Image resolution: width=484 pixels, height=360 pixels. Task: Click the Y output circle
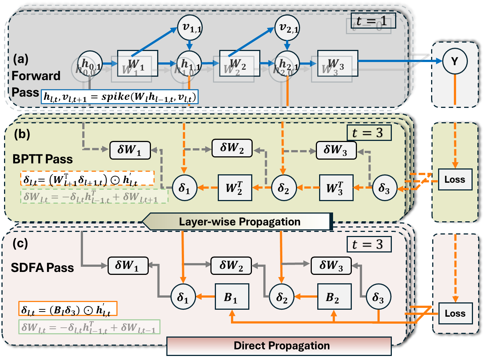[x=455, y=61]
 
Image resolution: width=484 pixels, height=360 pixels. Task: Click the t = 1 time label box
[x=373, y=21]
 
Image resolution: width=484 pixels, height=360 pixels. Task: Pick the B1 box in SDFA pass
[x=232, y=297]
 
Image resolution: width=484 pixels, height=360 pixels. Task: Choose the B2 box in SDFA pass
[x=334, y=297]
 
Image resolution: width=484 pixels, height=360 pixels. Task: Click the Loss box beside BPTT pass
[x=455, y=179]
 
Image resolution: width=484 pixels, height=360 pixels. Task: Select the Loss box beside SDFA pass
[x=455, y=313]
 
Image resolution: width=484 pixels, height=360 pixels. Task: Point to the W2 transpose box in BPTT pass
[x=235, y=188]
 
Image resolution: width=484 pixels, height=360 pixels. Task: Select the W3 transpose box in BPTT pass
[x=336, y=188]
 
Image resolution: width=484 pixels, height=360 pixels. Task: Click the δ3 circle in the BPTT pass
[x=384, y=188]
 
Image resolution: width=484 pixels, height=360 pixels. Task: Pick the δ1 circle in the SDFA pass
[x=183, y=297]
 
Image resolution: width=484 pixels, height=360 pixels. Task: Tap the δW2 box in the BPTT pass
[x=232, y=148]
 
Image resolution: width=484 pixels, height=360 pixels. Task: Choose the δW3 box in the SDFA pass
[x=331, y=265]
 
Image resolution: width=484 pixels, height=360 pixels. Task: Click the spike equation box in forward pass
[x=120, y=97]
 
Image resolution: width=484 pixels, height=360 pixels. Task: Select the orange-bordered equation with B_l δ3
[x=68, y=309]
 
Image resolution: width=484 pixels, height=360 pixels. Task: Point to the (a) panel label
[x=21, y=59]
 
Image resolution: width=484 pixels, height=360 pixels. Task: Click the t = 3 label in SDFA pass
[x=369, y=244]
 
